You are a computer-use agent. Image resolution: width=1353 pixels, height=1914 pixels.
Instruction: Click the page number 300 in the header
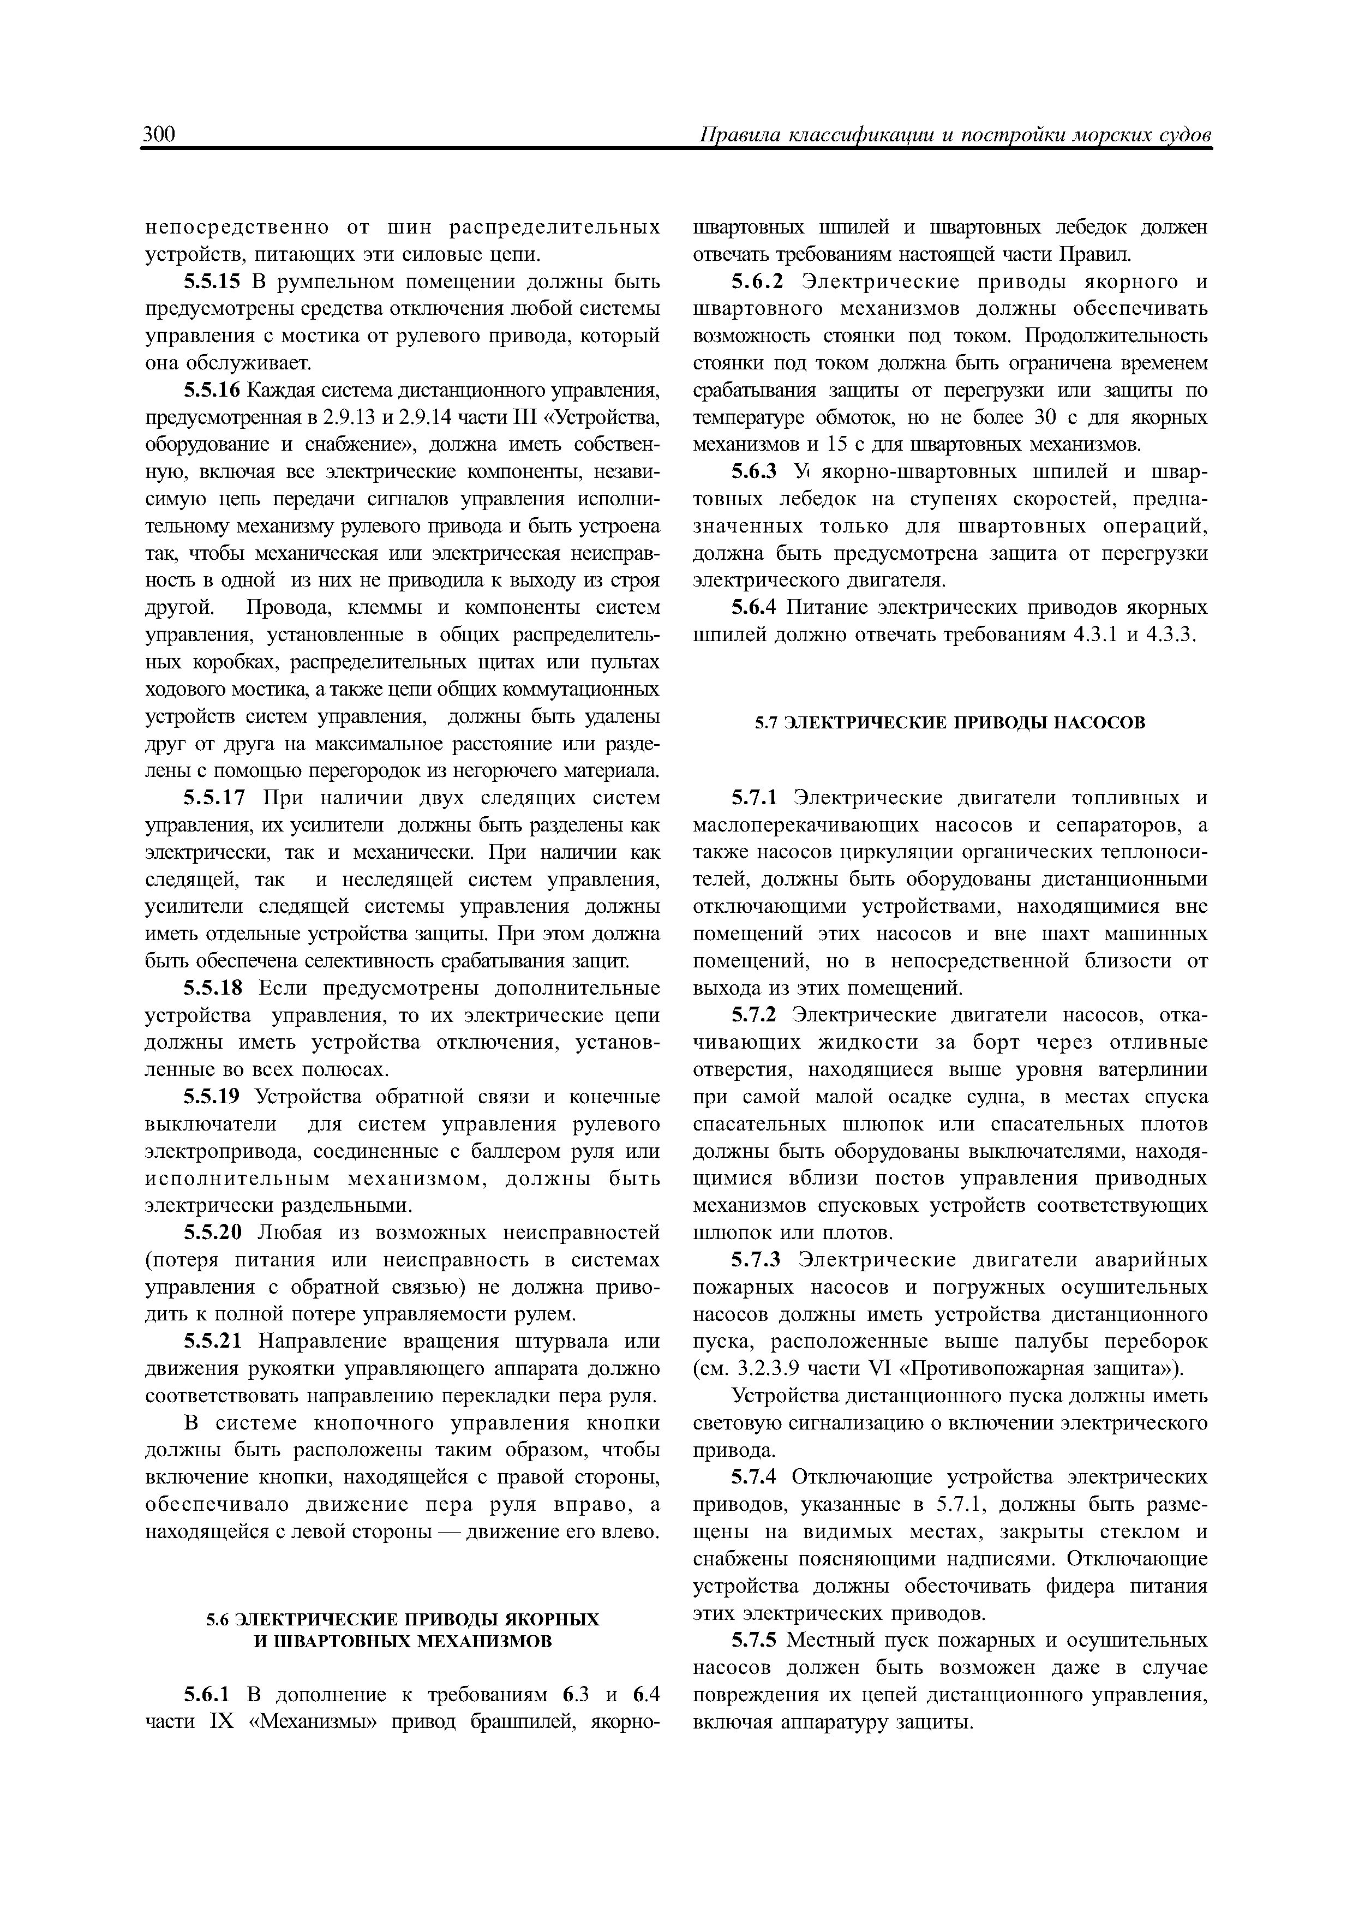[x=158, y=135]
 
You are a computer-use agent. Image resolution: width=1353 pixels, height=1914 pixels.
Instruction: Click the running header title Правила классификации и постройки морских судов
[x=955, y=136]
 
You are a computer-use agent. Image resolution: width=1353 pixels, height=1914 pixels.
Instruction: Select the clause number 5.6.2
[x=759, y=282]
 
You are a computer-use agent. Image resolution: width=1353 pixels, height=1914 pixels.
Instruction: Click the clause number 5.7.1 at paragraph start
[x=755, y=798]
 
